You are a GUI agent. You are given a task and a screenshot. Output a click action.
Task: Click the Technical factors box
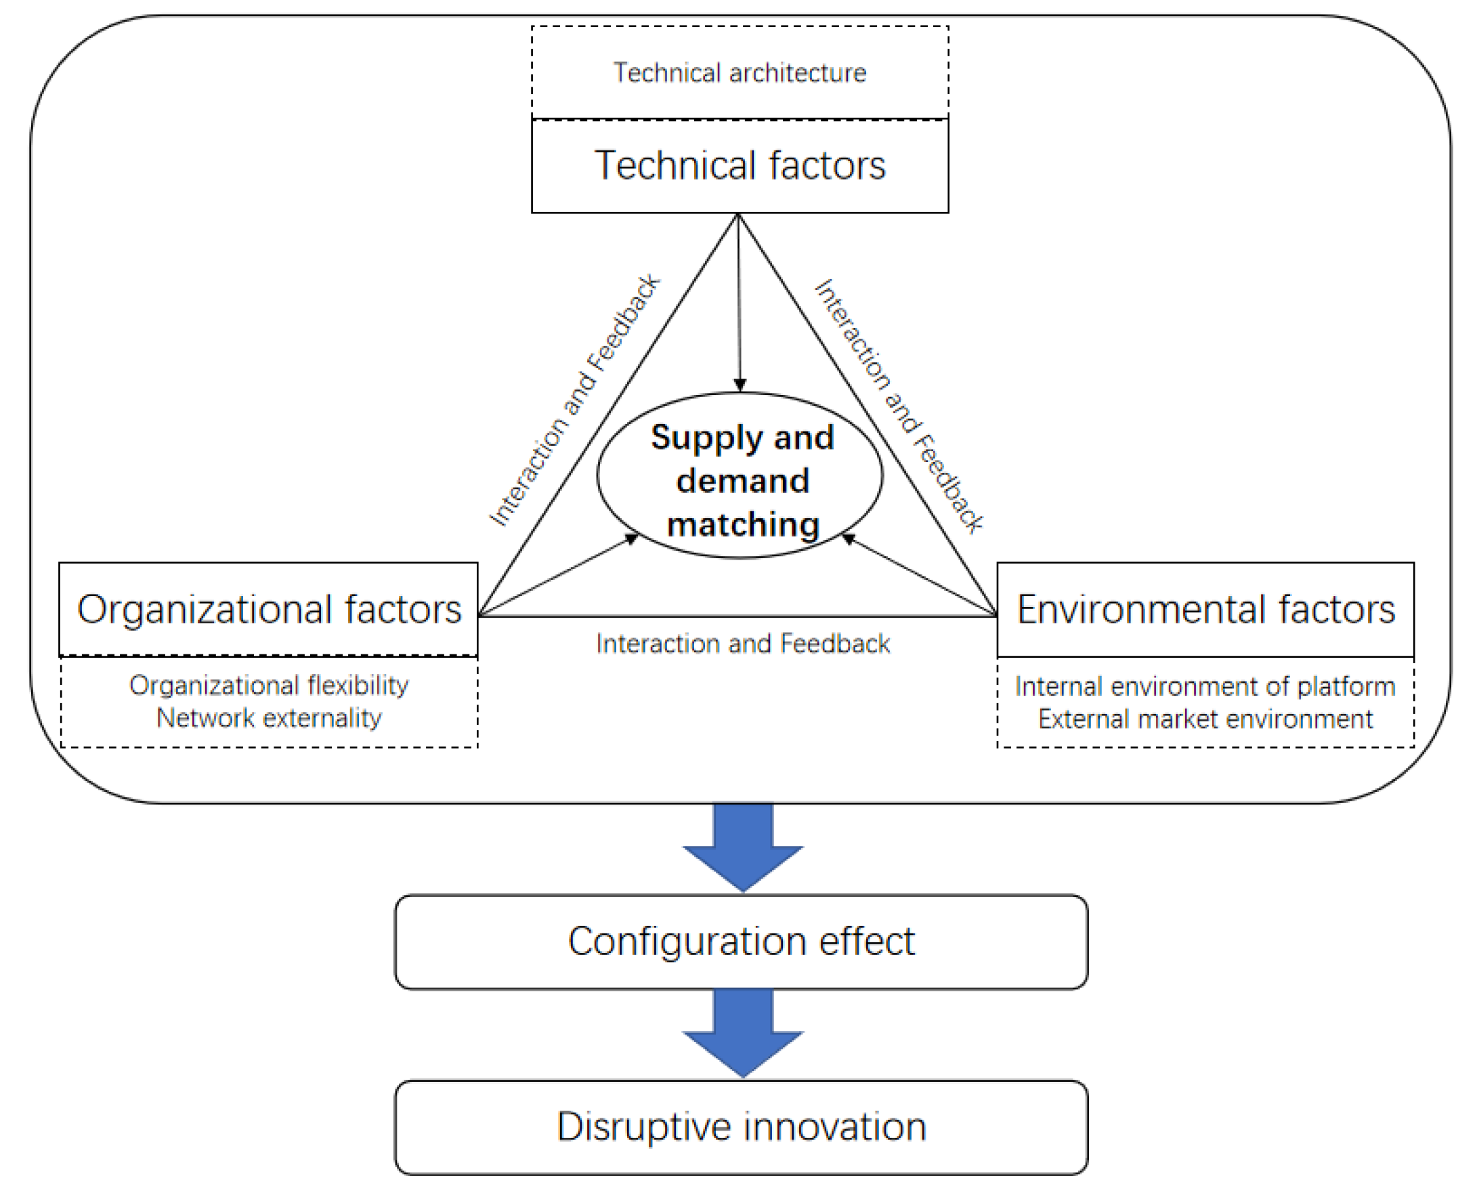point(740,165)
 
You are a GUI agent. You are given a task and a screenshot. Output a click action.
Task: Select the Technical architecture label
point(740,72)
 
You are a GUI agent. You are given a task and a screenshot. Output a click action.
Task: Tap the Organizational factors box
point(268,609)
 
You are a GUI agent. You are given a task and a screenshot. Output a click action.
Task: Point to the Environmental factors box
point(1205,609)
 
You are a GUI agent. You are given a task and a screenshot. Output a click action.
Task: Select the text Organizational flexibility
point(268,686)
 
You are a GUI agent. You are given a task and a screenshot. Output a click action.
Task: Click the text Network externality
point(268,718)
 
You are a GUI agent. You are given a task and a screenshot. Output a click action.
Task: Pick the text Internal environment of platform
point(1205,686)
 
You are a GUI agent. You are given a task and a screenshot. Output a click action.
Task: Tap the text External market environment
point(1205,719)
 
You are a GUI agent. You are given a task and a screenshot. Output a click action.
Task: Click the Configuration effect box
point(741,941)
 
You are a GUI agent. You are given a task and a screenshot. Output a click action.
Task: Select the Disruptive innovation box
point(741,1127)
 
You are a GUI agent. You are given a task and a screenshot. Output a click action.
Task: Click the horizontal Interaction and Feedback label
point(742,644)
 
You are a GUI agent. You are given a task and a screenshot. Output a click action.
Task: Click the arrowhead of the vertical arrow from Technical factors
point(740,385)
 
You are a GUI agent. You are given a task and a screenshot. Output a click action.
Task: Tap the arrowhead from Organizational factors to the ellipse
point(631,539)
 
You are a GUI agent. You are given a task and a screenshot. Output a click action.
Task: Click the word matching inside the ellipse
point(743,525)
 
